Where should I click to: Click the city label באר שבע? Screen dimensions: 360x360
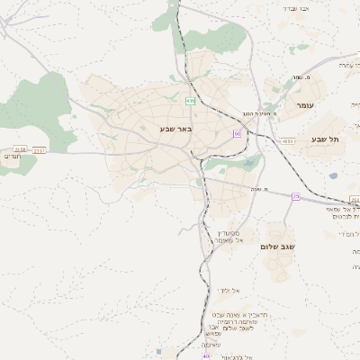(x=176, y=129)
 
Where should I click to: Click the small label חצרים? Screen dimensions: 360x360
(x=12, y=157)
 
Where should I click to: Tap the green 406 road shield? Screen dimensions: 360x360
(x=191, y=100)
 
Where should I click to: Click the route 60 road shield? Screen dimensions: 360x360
(x=237, y=133)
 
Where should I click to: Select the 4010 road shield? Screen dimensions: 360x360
(x=287, y=141)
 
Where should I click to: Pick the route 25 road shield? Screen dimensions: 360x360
(x=295, y=196)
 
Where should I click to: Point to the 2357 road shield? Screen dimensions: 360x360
(x=39, y=150)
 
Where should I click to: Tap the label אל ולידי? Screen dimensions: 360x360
(x=226, y=290)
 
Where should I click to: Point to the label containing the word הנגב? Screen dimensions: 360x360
(x=255, y=113)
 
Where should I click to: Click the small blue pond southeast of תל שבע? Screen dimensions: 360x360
(x=333, y=175)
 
